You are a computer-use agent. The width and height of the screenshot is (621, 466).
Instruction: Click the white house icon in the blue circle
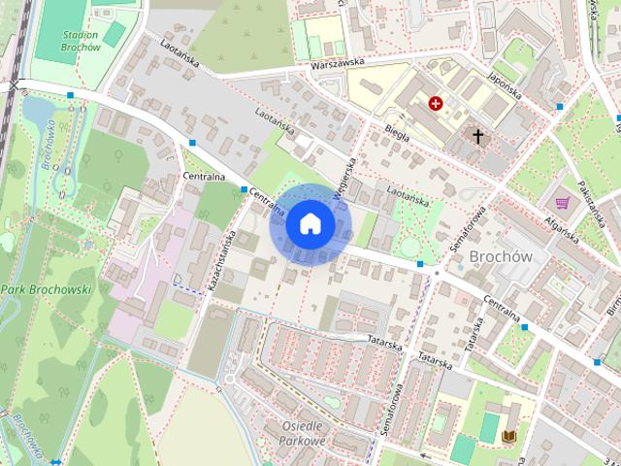coord(310,224)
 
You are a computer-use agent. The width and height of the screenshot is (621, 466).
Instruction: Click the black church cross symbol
coord(477,136)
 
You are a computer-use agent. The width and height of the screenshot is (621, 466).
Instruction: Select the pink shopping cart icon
coord(562,203)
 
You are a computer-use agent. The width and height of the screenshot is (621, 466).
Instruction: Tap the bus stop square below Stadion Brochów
coord(71,95)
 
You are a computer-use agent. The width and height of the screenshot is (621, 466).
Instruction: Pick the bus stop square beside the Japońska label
coord(561,106)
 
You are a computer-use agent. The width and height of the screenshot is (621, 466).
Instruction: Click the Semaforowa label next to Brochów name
coord(467,233)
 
